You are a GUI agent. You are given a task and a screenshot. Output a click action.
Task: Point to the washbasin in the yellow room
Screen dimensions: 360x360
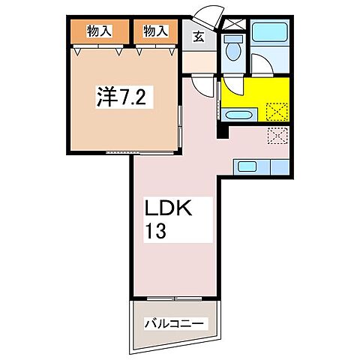tap(238, 115)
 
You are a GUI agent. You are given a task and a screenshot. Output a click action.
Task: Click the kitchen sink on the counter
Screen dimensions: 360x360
tap(248, 166)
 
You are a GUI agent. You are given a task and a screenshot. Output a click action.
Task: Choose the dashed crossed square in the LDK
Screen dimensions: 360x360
tap(277, 136)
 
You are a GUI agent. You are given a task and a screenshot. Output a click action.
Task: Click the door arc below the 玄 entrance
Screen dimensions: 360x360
tap(199, 84)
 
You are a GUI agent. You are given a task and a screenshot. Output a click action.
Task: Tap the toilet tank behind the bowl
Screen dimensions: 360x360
tap(234, 38)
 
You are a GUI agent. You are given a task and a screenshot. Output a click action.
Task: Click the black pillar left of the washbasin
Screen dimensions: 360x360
tap(220, 127)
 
